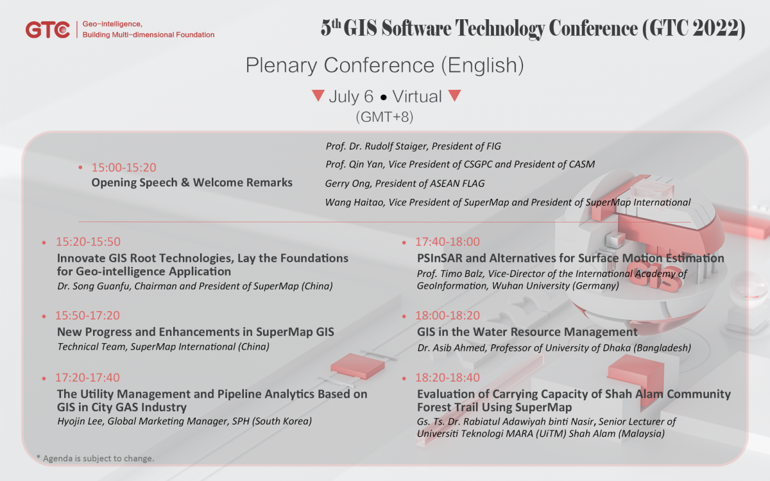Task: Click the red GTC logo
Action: (47, 30)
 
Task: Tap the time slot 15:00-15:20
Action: (124, 167)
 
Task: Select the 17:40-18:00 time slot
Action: (447, 242)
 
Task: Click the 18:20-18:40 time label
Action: (447, 378)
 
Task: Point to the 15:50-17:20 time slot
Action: (87, 316)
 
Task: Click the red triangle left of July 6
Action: (318, 95)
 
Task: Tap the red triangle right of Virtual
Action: (454, 95)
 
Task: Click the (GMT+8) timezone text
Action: (384, 117)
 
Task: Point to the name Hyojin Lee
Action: (80, 421)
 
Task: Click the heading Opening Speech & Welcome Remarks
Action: (192, 182)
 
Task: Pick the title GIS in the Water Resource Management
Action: (527, 332)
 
